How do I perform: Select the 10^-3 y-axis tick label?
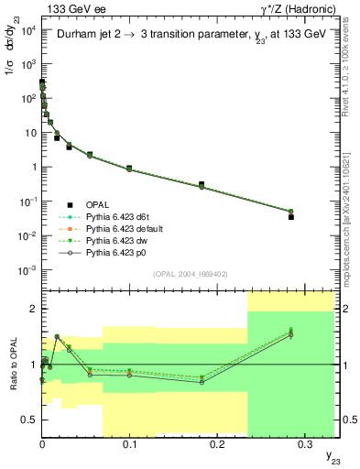coord(28,270)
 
